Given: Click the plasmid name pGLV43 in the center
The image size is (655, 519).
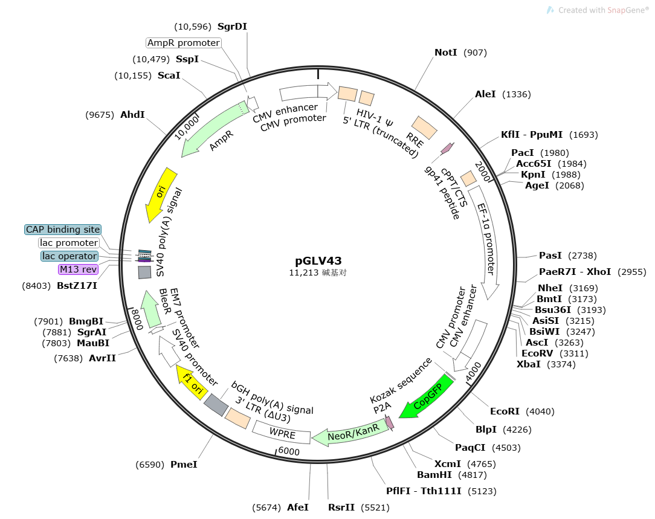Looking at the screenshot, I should click(318, 261).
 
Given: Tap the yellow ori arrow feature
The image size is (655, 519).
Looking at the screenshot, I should click(161, 195).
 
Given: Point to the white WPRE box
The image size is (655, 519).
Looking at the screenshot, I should click(282, 433).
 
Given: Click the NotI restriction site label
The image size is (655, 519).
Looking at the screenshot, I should click(446, 53).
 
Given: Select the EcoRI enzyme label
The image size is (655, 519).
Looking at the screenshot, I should click(505, 411).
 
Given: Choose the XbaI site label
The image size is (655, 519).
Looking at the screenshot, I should click(529, 364).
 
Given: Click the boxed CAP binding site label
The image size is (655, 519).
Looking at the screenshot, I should click(63, 230).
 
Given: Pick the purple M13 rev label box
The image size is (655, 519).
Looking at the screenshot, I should click(78, 269).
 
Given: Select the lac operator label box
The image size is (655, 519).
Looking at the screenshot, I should click(69, 256).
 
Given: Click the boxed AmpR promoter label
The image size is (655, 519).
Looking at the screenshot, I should click(184, 43).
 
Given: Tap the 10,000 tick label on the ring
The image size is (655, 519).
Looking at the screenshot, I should click(187, 127).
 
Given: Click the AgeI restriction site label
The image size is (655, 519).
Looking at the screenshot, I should click(537, 185).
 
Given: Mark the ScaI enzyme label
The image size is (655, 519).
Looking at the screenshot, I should click(169, 76).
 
